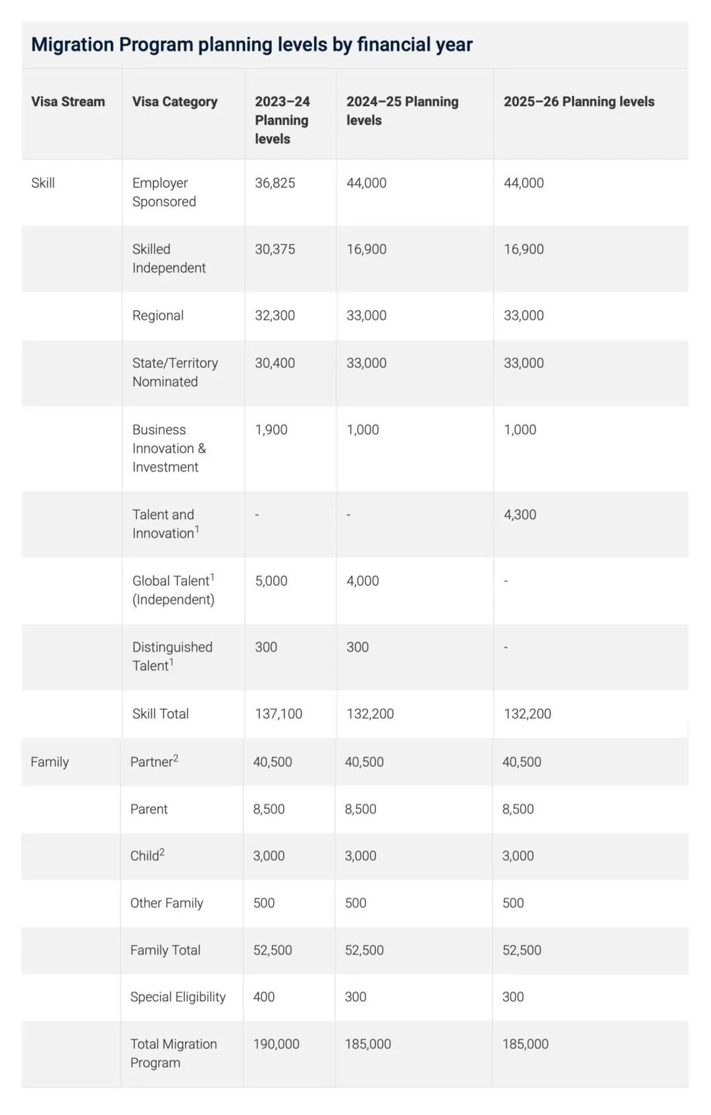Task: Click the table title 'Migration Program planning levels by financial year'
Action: click(x=251, y=45)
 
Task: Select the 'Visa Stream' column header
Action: click(x=68, y=101)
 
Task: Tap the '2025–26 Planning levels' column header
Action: click(x=579, y=101)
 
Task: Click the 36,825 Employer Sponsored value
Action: click(x=275, y=183)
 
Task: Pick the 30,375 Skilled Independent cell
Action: click(x=275, y=249)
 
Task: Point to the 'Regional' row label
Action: click(x=157, y=315)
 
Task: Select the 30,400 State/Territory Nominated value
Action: click(x=275, y=363)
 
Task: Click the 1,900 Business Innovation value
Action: click(x=271, y=430)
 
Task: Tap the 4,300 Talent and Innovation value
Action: click(x=519, y=515)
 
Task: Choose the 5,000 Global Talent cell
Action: click(x=271, y=581)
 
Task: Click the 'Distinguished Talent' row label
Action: click(x=172, y=656)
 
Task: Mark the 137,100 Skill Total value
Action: click(x=278, y=714)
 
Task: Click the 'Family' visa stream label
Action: click(x=49, y=762)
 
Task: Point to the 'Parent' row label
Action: click(x=149, y=809)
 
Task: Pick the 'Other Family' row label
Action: click(x=167, y=903)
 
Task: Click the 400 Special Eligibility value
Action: click(x=263, y=997)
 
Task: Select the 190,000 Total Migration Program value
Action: click(x=276, y=1045)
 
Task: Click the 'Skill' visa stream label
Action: click(x=43, y=183)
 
